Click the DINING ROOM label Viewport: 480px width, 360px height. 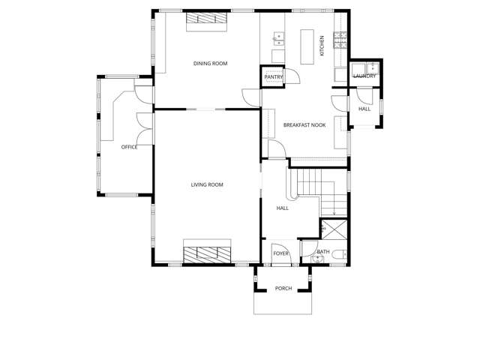pyautogui.click(x=210, y=64)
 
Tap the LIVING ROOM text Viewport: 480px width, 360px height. pyautogui.click(x=207, y=184)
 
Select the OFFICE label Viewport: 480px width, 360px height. pyautogui.click(x=129, y=147)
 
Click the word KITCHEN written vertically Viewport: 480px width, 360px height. pyautogui.click(x=322, y=45)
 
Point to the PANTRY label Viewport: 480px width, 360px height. pyautogui.click(x=273, y=76)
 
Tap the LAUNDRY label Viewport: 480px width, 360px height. pyautogui.click(x=364, y=76)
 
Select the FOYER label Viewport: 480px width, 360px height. pyautogui.click(x=280, y=253)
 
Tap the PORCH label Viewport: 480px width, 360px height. pyautogui.click(x=283, y=288)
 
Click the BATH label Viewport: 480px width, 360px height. pyautogui.click(x=322, y=252)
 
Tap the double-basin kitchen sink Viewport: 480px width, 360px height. pyautogui.click(x=279, y=36)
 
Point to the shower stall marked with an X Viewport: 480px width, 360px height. pyautogui.click(x=334, y=229)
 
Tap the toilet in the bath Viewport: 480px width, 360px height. pyautogui.click(x=339, y=254)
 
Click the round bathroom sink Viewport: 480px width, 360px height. pyautogui.click(x=316, y=259)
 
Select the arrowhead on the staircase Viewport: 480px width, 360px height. pyautogui.click(x=334, y=213)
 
